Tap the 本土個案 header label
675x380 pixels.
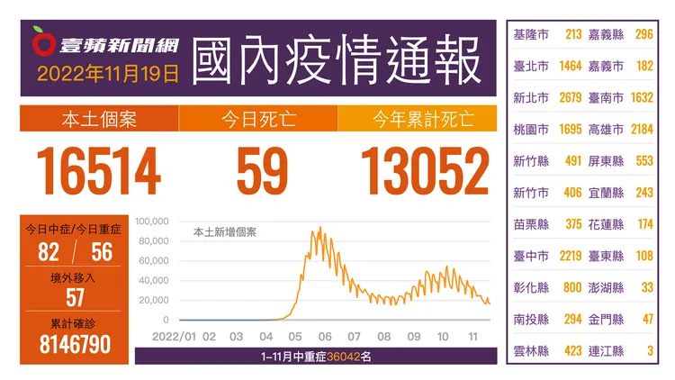click(x=99, y=119)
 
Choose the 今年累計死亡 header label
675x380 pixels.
click(x=423, y=119)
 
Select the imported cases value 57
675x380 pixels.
click(x=75, y=298)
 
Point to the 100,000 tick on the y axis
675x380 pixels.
click(x=152, y=221)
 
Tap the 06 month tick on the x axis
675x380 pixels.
click(x=325, y=337)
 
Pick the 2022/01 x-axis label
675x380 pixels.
click(x=176, y=337)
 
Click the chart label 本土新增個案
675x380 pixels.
click(x=225, y=231)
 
